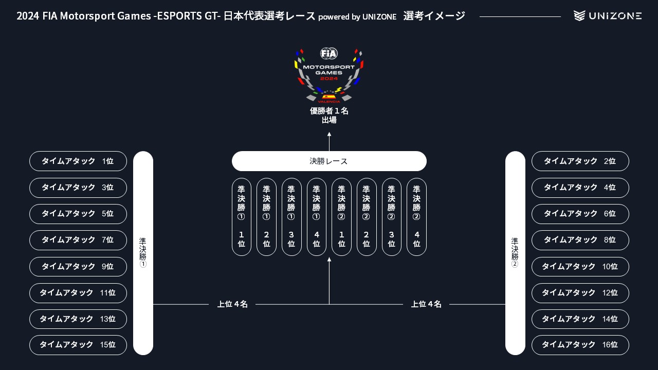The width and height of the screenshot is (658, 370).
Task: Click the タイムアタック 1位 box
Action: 78,161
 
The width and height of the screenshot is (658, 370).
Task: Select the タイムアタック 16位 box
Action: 580,345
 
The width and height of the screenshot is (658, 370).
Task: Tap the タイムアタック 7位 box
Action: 78,240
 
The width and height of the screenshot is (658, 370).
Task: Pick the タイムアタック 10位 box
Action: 580,267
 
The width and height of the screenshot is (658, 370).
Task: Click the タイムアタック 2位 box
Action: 580,161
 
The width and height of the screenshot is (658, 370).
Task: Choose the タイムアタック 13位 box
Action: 78,319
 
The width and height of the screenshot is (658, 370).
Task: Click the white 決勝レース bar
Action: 329,161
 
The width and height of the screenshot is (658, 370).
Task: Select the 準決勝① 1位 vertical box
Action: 242,217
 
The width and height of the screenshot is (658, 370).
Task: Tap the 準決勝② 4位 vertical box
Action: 416,217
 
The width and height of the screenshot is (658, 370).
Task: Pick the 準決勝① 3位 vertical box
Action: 291,217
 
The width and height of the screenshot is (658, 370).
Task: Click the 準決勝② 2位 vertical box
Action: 367,217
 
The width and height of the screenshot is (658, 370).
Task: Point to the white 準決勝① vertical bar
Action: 143,253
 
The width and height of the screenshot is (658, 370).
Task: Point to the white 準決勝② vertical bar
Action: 515,253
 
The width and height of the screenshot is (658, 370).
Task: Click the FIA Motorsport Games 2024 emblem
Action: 329,75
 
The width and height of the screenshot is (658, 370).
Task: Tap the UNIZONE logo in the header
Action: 608,16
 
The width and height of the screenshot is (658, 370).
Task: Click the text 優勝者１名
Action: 329,110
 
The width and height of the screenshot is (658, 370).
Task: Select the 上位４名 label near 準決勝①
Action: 232,304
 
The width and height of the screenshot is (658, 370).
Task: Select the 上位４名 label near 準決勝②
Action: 426,304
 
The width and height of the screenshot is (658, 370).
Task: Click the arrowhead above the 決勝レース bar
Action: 329,135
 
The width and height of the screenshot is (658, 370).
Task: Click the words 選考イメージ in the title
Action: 434,16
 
